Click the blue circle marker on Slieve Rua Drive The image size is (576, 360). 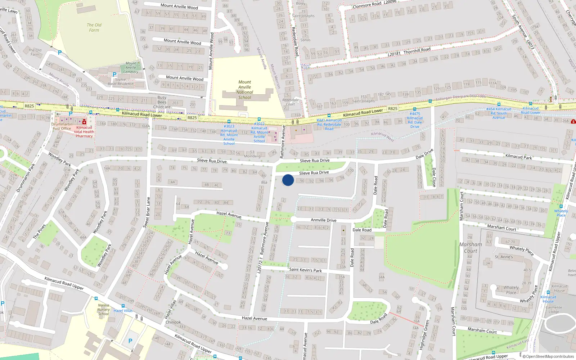pyautogui.click(x=288, y=180)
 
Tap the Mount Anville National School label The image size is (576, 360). pyautogui.click(x=245, y=90)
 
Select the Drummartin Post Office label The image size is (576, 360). pyautogui.click(x=62, y=126)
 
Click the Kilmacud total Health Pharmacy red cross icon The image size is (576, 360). pyautogui.click(x=84, y=122)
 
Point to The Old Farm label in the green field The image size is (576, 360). pyautogui.click(x=94, y=27)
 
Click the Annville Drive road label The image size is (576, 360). pyautogui.click(x=324, y=220)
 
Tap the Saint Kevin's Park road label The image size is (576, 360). pyautogui.click(x=305, y=270)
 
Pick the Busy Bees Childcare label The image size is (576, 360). pyautogui.click(x=162, y=102)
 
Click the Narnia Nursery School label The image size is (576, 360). pyautogui.click(x=104, y=309)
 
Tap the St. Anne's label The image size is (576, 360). pyautogui.click(x=504, y=257)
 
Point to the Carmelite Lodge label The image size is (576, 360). pyautogui.click(x=554, y=310)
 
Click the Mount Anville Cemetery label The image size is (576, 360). pyautogui.click(x=131, y=67)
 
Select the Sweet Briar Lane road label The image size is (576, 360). pyautogui.click(x=147, y=212)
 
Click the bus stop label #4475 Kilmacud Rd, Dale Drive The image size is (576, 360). pyautogui.click(x=415, y=120)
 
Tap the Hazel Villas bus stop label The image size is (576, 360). pyautogui.click(x=123, y=310)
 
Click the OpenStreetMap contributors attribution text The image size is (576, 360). pyautogui.click(x=550, y=356)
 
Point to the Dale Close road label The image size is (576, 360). pyautogui.click(x=434, y=177)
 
